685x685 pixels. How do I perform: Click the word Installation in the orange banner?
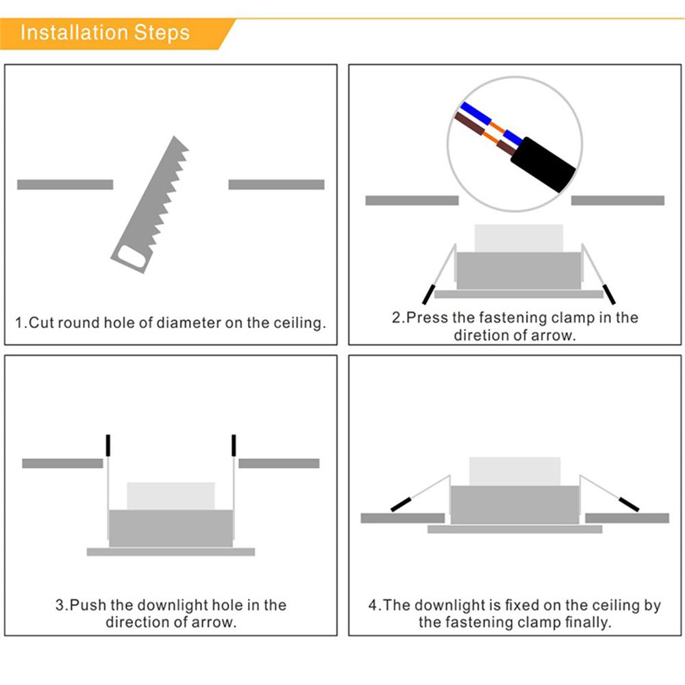[x=75, y=33]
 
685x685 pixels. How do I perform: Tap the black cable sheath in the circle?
[x=543, y=164]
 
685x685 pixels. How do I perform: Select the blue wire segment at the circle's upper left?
[x=476, y=113]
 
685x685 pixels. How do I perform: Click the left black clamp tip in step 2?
[x=429, y=294]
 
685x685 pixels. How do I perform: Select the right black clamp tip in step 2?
[x=609, y=294]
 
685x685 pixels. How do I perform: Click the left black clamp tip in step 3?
[x=108, y=445]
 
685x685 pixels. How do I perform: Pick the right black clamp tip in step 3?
[x=234, y=445]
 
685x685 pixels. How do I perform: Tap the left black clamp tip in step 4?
[x=401, y=504]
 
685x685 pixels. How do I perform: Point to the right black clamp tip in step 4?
[x=629, y=504]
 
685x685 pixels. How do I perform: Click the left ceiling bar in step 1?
[x=65, y=184]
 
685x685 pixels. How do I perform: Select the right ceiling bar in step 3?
[x=279, y=464]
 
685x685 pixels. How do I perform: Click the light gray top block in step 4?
[x=515, y=471]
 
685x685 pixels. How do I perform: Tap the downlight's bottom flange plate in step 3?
[x=171, y=551]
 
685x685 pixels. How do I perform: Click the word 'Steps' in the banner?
[x=162, y=33]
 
